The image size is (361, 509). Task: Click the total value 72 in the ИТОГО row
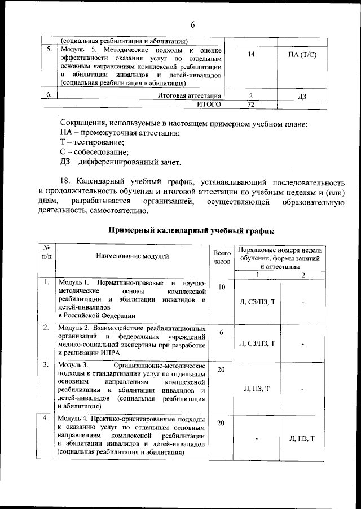click(x=251, y=105)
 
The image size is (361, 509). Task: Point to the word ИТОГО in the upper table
click(x=208, y=105)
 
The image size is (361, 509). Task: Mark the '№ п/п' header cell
click(x=47, y=253)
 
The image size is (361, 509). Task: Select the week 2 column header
click(x=303, y=275)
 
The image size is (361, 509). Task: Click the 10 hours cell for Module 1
click(x=222, y=288)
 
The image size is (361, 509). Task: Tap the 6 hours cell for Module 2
click(x=222, y=333)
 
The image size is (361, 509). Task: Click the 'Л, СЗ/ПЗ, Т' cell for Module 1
click(x=257, y=303)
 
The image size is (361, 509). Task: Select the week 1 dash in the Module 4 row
click(x=257, y=438)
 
